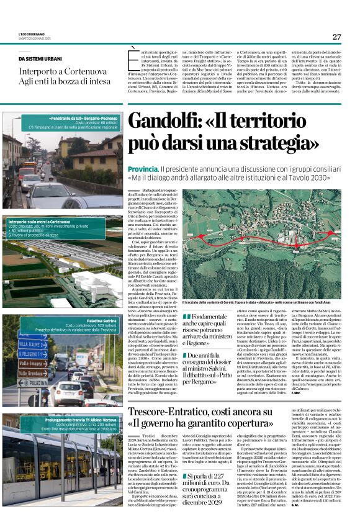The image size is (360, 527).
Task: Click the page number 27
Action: pos(336,37)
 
